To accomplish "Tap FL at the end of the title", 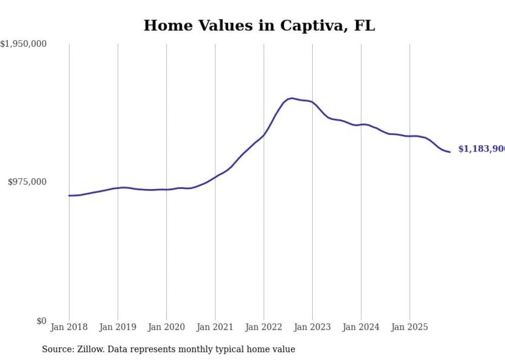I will (x=364, y=26).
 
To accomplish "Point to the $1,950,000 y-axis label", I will (x=23, y=44).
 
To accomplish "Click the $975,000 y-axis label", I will (x=27, y=182).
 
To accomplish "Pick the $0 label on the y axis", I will (x=41, y=321).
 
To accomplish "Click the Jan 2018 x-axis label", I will (x=69, y=327).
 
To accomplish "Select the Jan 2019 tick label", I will (x=117, y=327).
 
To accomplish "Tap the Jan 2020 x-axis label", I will (x=166, y=327).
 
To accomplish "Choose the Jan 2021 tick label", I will (x=215, y=327).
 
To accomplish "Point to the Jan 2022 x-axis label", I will (x=264, y=327).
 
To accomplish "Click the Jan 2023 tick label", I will (x=312, y=327).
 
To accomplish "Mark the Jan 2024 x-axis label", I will (x=361, y=327).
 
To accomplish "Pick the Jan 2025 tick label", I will (x=410, y=327).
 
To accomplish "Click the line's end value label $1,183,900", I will (x=481, y=149).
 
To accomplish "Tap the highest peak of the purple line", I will (x=292, y=98).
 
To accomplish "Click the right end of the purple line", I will (x=450, y=152).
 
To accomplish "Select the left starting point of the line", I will (x=69, y=196).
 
